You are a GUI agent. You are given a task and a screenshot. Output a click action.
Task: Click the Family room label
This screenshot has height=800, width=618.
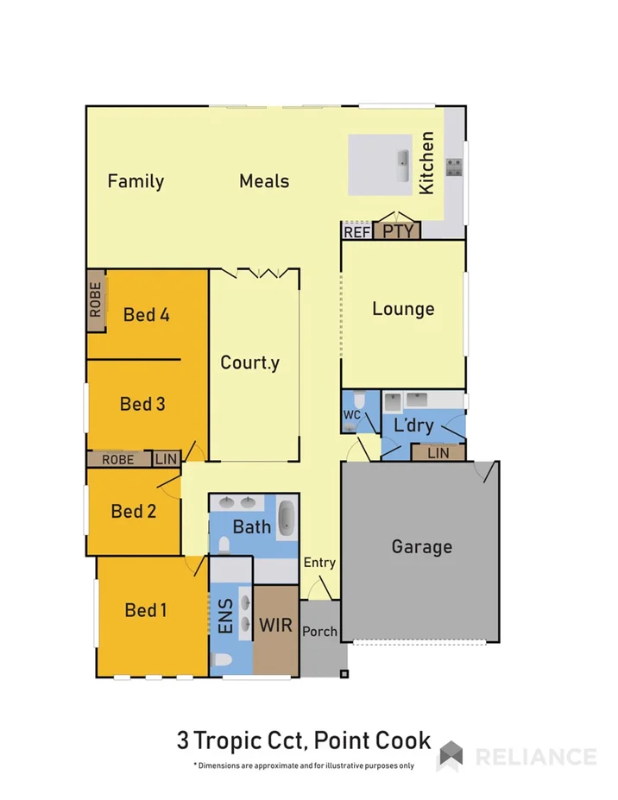(x=136, y=181)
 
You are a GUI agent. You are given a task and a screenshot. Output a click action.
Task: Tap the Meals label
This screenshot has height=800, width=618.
(x=264, y=181)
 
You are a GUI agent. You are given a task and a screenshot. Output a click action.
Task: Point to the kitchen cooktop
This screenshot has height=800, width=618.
(x=454, y=167)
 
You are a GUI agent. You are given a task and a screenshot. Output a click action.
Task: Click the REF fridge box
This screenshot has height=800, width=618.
(x=356, y=231)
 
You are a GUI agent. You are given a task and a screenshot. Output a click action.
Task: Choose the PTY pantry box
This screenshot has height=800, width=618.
(x=398, y=231)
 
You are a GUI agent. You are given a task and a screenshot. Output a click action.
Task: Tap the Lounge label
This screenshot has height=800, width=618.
(x=403, y=309)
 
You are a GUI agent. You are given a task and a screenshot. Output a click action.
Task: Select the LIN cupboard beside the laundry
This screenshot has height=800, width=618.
(x=438, y=452)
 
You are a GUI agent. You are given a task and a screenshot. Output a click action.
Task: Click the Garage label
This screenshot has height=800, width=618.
(x=421, y=546)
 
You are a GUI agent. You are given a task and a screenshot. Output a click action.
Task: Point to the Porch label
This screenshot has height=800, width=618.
(x=319, y=632)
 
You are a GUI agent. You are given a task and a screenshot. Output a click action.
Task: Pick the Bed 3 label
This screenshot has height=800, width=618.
(x=142, y=404)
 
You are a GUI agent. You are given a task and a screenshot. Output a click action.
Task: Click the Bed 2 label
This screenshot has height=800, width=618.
(x=134, y=512)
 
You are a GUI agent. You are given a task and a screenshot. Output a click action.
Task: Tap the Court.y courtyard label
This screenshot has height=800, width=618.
(x=250, y=362)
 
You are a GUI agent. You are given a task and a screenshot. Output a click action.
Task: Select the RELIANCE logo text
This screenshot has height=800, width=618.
(x=535, y=757)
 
